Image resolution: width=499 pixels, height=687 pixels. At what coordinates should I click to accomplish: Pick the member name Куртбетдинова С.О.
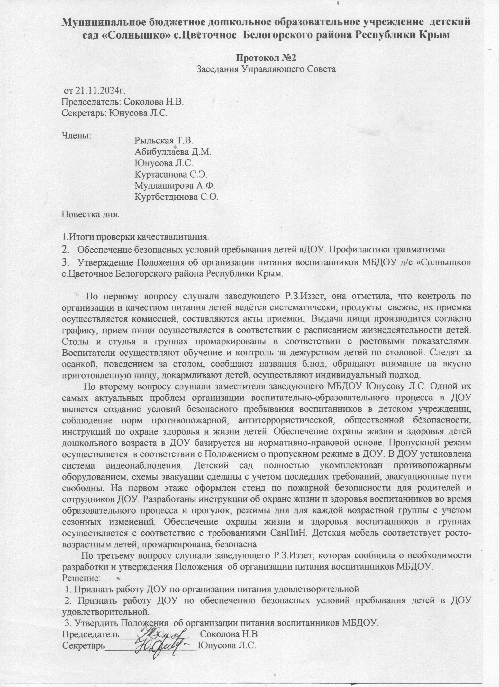click(176, 197)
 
